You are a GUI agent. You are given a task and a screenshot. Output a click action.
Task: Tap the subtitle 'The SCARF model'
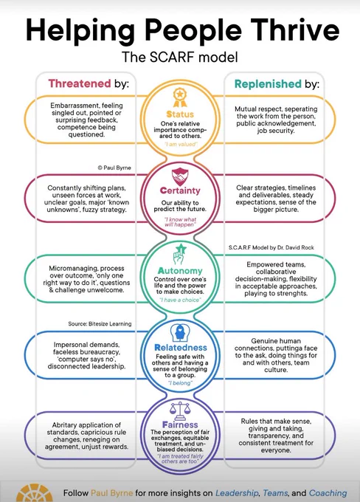coord(180,58)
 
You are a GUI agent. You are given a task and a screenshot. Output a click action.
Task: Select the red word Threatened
coord(80,83)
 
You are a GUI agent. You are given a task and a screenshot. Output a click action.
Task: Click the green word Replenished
coord(269,84)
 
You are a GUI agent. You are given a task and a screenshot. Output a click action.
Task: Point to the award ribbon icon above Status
coord(180,97)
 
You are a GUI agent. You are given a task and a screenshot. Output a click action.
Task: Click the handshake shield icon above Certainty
coord(180,176)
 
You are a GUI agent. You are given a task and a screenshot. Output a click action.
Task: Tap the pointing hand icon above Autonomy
coord(180,254)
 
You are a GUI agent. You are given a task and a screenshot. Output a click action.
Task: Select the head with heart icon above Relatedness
coord(180,333)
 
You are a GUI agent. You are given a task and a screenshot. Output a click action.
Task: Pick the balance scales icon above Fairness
coord(180,411)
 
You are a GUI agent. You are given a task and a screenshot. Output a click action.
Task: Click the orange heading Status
coord(180,114)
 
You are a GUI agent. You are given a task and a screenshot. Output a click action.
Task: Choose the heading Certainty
coord(180,190)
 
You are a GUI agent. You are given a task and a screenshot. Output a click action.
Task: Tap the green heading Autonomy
coord(180,271)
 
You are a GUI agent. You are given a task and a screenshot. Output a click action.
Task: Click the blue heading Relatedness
coord(181,348)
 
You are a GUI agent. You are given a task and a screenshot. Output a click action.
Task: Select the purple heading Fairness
coord(180,424)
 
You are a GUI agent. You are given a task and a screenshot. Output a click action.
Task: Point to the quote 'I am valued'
coord(181,145)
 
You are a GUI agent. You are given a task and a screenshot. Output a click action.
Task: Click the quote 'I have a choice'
coord(180,300)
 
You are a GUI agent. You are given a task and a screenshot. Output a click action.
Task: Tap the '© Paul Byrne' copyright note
coord(114,168)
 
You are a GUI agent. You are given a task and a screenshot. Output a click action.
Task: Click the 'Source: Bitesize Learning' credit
coord(100,323)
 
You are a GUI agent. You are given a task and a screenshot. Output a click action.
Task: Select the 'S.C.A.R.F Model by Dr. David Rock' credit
coord(271,247)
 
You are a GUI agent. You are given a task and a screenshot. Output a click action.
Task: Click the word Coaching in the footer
coord(328,493)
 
